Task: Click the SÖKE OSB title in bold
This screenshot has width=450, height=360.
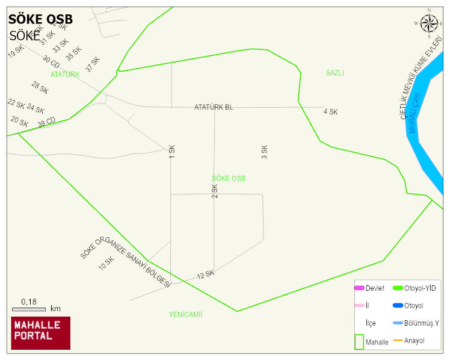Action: click(40, 19)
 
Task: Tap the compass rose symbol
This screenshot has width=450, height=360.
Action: click(429, 23)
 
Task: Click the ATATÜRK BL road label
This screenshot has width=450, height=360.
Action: click(214, 107)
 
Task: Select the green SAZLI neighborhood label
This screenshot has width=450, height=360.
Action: click(334, 73)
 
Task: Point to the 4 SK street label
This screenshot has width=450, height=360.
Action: click(330, 112)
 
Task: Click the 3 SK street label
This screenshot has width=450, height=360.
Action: click(264, 152)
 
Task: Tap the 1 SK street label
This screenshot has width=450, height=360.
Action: click(172, 152)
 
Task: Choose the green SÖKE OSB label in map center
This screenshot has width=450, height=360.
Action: click(229, 179)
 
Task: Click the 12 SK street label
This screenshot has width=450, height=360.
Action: click(206, 275)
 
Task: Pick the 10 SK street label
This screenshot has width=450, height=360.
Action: click(106, 263)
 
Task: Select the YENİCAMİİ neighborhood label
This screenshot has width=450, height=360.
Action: click(185, 314)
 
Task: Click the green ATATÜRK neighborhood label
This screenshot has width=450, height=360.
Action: click(65, 75)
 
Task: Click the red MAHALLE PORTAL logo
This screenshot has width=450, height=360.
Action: click(41, 333)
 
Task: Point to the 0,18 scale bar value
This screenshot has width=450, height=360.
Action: click(28, 301)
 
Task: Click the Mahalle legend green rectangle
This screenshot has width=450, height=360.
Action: click(359, 342)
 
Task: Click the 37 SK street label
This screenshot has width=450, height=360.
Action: click(93, 64)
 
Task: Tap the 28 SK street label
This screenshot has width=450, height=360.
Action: click(40, 88)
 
